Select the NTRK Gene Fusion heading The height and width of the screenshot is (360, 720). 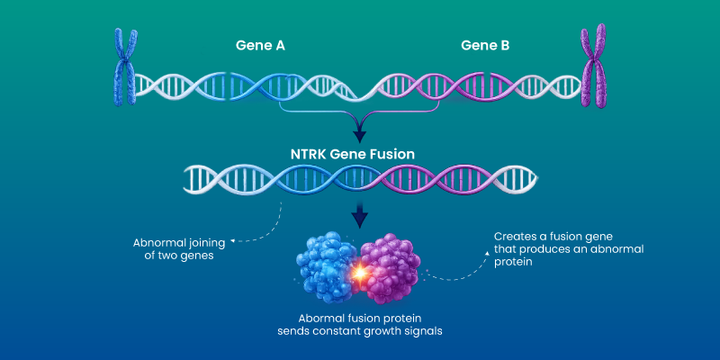pyautogui.click(x=360, y=154)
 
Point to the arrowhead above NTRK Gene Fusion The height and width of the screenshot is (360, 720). pyautogui.click(x=360, y=135)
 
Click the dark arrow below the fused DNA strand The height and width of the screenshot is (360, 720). pyautogui.click(x=360, y=217)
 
